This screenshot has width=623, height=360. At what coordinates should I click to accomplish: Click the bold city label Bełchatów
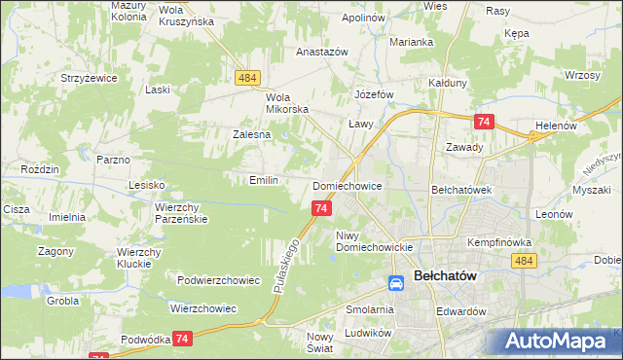coord(444,276)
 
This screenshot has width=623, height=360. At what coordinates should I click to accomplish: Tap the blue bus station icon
coord(396,283)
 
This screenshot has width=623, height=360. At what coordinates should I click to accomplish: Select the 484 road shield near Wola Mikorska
coord(245,76)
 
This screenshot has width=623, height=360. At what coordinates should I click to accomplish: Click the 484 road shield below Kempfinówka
coord(525,261)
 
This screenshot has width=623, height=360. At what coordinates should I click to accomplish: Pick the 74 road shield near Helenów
coord(484,121)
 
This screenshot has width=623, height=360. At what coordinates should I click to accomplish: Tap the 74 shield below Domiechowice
coord(322,208)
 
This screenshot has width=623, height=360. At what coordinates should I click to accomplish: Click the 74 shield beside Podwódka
coord(182,338)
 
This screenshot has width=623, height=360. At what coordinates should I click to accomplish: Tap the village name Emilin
coord(264,180)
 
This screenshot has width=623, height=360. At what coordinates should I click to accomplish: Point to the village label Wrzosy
coord(580,75)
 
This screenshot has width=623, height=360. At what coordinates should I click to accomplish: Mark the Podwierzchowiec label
coord(219,280)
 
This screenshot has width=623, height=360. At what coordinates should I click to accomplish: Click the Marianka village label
coord(411,42)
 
